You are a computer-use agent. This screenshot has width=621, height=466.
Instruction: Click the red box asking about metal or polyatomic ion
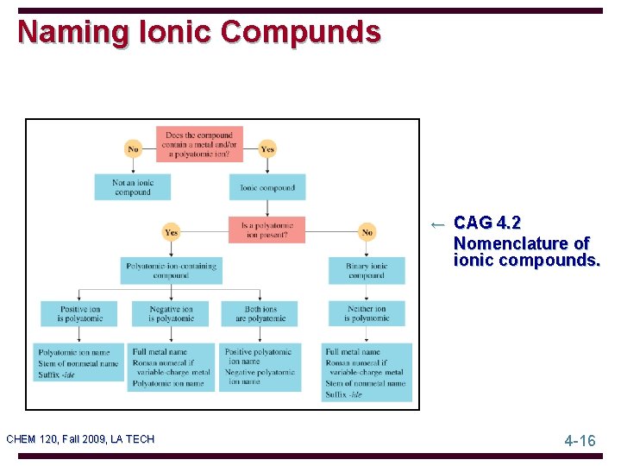(x=199, y=144)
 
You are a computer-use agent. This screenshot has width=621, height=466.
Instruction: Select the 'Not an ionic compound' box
(x=132, y=187)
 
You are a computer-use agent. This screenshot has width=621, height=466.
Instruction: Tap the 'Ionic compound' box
(x=267, y=187)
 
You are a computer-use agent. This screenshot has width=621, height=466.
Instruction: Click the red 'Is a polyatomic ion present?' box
(x=267, y=230)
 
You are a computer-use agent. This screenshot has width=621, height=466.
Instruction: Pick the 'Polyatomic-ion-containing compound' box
(x=171, y=270)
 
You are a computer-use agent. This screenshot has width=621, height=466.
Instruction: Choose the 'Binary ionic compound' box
(x=367, y=270)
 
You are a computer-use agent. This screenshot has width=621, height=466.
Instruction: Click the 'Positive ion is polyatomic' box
(x=80, y=313)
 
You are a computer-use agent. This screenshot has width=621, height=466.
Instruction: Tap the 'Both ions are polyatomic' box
(x=260, y=313)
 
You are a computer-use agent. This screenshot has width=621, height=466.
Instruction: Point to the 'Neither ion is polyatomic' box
(x=367, y=313)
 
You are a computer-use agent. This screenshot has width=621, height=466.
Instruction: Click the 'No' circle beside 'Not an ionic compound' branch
(x=133, y=149)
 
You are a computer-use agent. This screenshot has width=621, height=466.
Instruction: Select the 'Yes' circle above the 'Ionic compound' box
(x=267, y=149)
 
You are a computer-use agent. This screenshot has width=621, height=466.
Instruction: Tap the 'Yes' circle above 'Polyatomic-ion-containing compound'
(x=172, y=231)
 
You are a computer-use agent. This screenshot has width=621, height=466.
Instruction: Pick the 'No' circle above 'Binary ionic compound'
(x=367, y=231)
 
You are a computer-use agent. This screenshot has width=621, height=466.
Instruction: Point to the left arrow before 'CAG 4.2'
(x=438, y=224)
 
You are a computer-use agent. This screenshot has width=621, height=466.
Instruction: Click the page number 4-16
(x=580, y=441)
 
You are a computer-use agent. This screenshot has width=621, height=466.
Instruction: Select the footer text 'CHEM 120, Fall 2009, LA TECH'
(x=80, y=439)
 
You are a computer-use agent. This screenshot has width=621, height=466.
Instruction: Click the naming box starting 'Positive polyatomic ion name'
(x=260, y=367)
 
